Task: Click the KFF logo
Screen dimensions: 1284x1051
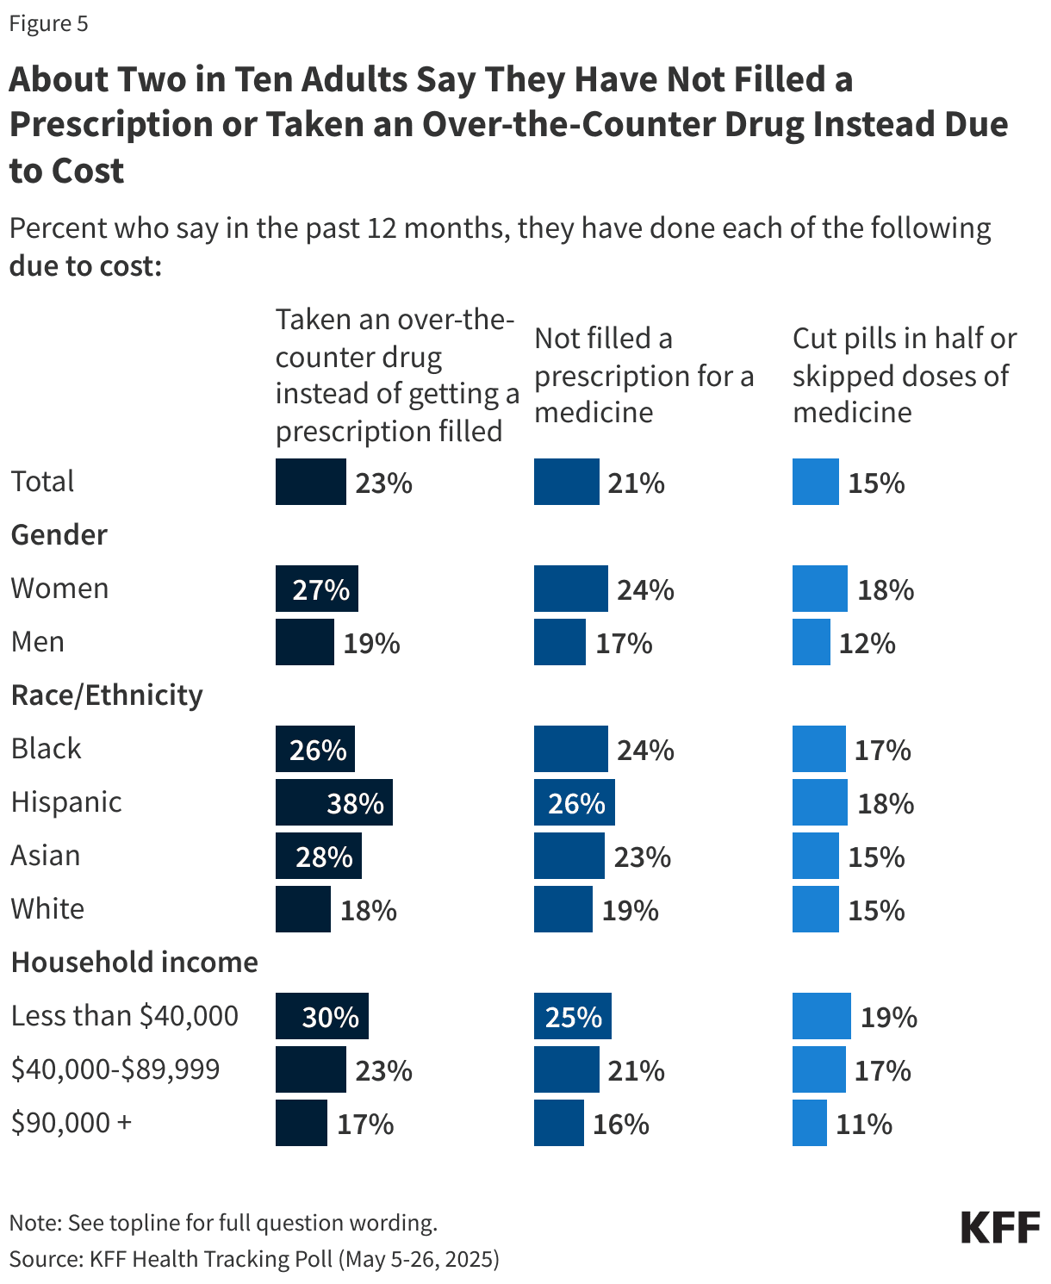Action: tap(1000, 1227)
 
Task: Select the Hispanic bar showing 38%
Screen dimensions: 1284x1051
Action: tap(333, 802)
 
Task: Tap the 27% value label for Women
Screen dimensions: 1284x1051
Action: tap(321, 590)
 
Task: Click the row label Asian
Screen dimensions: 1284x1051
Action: tap(46, 856)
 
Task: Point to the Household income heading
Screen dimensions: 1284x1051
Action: tap(134, 962)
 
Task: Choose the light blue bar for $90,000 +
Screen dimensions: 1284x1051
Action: tap(809, 1123)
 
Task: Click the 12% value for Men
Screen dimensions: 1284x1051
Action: tap(868, 644)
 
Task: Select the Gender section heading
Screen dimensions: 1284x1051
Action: tap(59, 535)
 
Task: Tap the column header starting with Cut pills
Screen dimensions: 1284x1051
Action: tap(904, 375)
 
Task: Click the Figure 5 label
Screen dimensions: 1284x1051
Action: tap(48, 23)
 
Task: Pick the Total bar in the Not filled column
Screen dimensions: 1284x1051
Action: tap(566, 482)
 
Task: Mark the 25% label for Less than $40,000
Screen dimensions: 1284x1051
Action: tap(574, 1018)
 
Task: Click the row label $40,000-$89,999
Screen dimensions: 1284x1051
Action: tap(115, 1069)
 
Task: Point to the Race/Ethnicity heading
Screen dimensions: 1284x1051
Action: tap(107, 695)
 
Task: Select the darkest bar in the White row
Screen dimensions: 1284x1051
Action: tap(302, 909)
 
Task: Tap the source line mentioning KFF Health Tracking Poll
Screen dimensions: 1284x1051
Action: tap(254, 1259)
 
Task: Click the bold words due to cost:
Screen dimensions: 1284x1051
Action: tap(85, 266)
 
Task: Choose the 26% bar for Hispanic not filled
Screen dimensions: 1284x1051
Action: tap(574, 802)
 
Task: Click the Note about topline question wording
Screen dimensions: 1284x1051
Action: tap(223, 1223)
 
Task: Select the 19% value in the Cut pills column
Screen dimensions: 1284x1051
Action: tap(889, 1018)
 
